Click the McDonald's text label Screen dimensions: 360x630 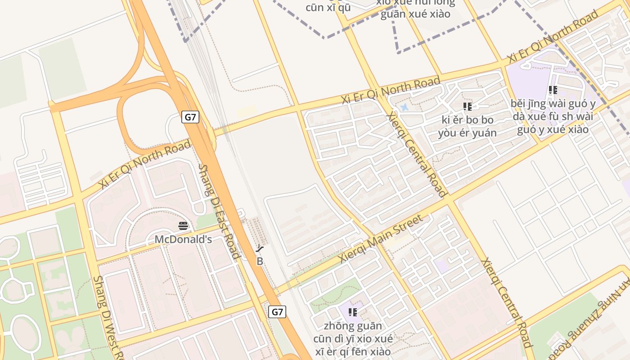tap(183, 239)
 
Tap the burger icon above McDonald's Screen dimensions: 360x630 tap(183, 225)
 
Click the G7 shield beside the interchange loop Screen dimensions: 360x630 tap(191, 117)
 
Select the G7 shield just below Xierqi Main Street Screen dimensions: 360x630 tap(277, 311)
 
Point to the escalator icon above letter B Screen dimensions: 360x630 tap(260, 248)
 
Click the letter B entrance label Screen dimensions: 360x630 tap(260, 261)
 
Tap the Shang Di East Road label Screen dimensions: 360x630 tap(219, 211)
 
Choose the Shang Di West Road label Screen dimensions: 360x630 tap(108, 317)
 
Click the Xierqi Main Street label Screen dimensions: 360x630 tap(381, 239)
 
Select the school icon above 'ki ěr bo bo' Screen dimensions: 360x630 tap(468, 107)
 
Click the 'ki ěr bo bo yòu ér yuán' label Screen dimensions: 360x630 tap(468, 126)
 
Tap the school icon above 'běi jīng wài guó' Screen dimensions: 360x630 tap(553, 90)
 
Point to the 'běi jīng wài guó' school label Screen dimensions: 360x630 tap(553, 117)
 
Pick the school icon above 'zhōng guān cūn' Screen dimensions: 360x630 tap(353, 312)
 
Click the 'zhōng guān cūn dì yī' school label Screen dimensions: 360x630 tap(353, 338)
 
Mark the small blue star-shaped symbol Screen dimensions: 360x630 tap(404, 108)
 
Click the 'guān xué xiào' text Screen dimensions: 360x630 tap(415, 14)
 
